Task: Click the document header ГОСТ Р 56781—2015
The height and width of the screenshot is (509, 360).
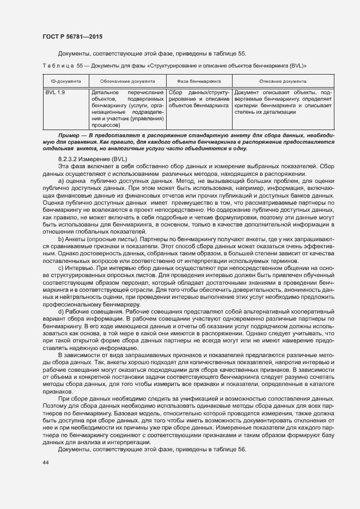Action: pyautogui.click(x=72, y=36)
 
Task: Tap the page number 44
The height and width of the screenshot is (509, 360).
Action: pyautogui.click(x=45, y=463)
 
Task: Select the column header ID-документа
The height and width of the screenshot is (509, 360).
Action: pyautogui.click(x=63, y=81)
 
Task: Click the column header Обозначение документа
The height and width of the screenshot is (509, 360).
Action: pyautogui.click(x=127, y=81)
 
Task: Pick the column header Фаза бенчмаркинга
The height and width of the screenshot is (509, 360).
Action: pyautogui.click(x=199, y=81)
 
